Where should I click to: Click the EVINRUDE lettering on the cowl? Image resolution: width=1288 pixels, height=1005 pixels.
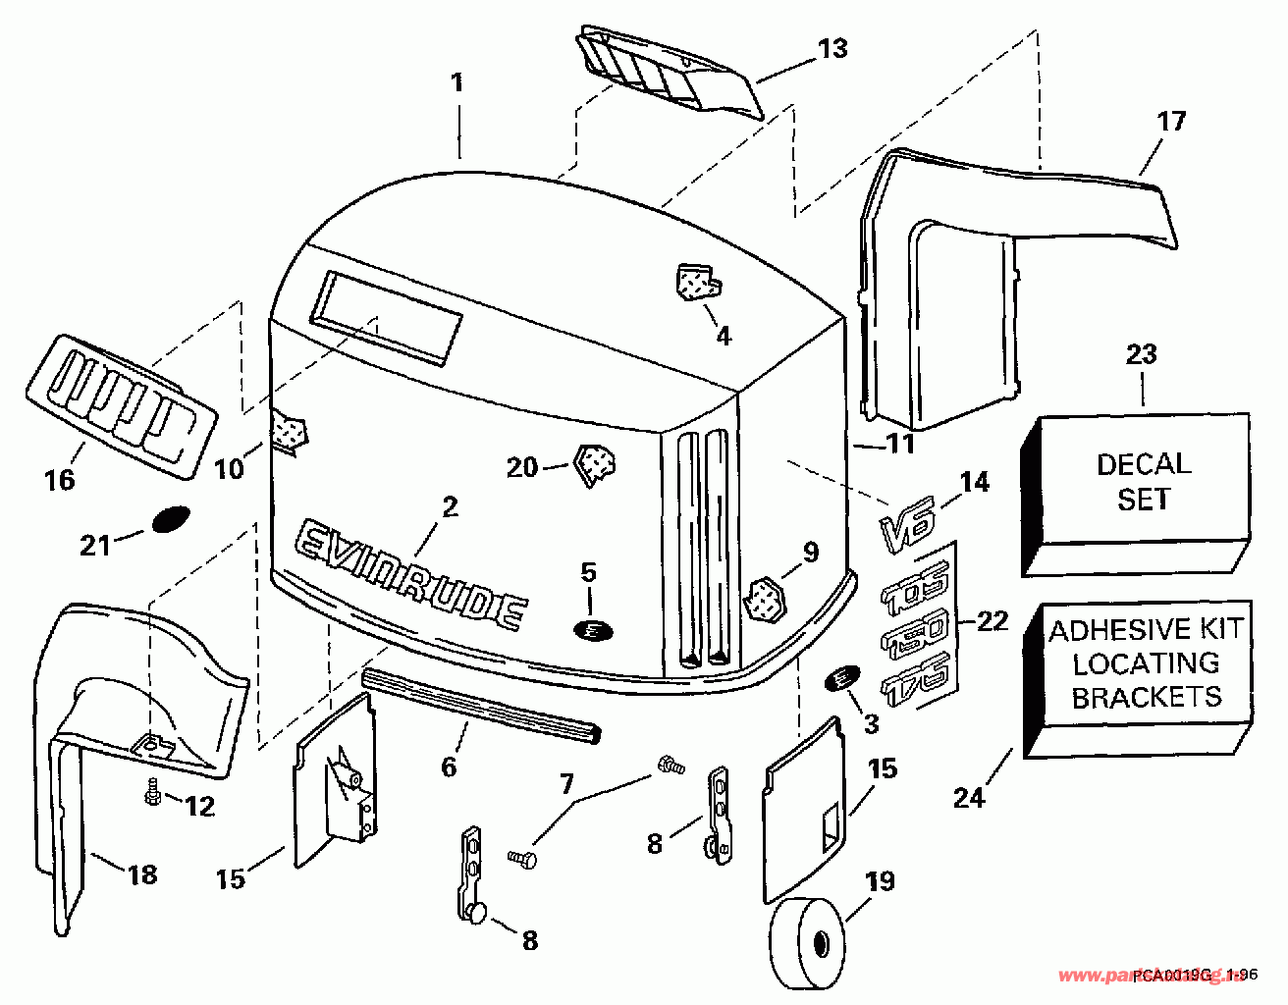click(x=410, y=572)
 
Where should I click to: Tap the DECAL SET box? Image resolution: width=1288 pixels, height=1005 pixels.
click(x=1143, y=479)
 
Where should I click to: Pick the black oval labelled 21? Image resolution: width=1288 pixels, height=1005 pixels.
click(x=170, y=518)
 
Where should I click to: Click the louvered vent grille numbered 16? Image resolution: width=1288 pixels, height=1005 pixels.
click(x=119, y=403)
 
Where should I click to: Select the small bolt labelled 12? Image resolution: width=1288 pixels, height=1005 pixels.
click(x=152, y=793)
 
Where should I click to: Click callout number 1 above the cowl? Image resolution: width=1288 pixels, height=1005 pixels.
click(x=457, y=82)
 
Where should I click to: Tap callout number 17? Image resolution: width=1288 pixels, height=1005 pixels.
click(x=1171, y=122)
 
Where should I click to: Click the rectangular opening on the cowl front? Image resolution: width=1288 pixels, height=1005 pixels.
click(x=386, y=315)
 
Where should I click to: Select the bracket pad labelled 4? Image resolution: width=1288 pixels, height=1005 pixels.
click(x=696, y=282)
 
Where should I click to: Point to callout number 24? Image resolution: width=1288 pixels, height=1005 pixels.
click(x=968, y=798)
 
